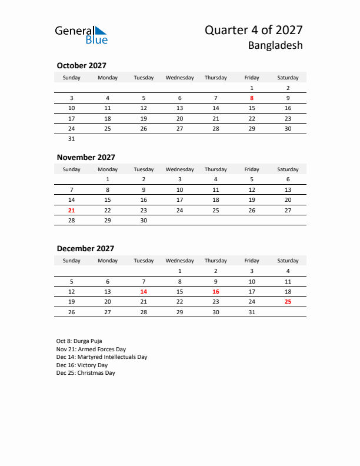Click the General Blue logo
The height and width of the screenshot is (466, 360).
pos(81,35)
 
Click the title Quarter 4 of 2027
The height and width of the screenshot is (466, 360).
pos(254,31)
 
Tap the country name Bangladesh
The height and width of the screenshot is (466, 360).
pos(275,45)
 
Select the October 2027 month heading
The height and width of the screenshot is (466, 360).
pos(81,66)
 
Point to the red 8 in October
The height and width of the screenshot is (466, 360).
pos(252,98)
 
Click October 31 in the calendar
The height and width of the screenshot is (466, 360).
pos(72,139)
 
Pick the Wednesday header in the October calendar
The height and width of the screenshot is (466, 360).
pos(179,78)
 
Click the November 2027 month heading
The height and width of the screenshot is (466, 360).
pos(86,157)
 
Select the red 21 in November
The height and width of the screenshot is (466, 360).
pos(72,210)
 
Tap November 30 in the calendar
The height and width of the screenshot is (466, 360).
pos(144,220)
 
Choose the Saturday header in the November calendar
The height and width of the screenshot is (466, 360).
pos(288,169)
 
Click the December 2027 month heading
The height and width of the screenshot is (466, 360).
pos(85,248)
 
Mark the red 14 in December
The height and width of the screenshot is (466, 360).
pos(144,291)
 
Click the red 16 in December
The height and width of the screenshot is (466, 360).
pos(216,291)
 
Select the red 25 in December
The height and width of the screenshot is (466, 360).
pos(288,301)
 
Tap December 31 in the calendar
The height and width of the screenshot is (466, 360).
pos(252,312)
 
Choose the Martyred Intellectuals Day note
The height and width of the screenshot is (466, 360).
pos(102,357)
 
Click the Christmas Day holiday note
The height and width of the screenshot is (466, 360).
pos(86,373)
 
